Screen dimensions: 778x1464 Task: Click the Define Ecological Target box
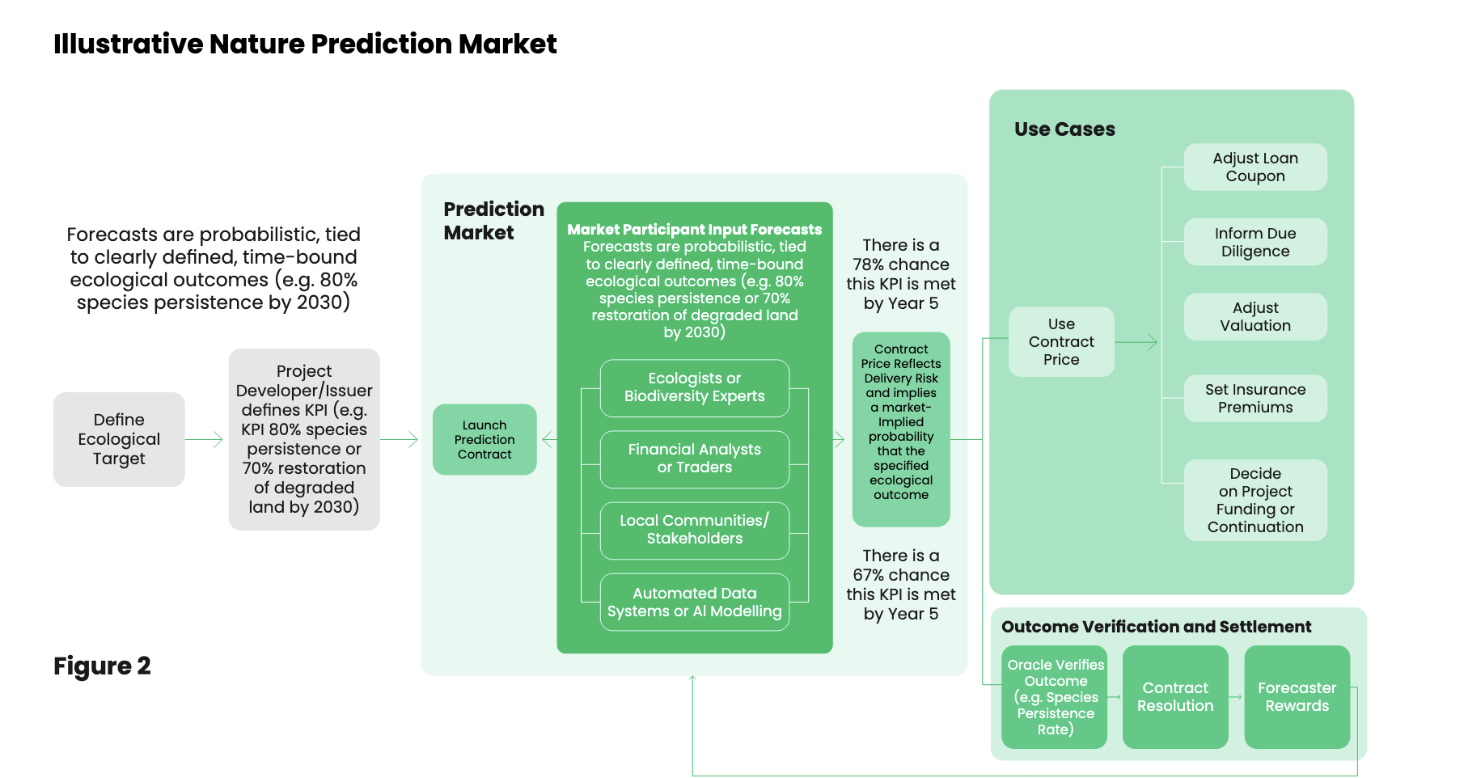click(x=119, y=439)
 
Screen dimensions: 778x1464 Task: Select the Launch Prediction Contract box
click(x=484, y=439)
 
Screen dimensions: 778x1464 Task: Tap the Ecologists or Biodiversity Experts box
click(x=694, y=387)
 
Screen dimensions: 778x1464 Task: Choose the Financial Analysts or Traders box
click(x=694, y=459)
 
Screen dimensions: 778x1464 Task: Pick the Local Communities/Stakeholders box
click(x=694, y=530)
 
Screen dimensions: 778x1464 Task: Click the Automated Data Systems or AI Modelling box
click(x=694, y=602)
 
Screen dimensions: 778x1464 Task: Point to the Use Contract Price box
click(x=1061, y=341)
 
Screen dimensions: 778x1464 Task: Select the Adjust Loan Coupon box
click(x=1255, y=167)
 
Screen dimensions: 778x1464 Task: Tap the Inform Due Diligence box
click(x=1255, y=242)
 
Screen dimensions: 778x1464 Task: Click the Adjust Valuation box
click(x=1255, y=316)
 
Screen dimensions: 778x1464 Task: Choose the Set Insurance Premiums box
click(x=1255, y=398)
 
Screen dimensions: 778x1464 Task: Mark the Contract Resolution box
click(x=1174, y=696)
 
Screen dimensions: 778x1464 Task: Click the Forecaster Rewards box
click(x=1297, y=696)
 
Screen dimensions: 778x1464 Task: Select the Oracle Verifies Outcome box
click(x=1055, y=696)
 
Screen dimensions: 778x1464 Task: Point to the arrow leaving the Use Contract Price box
click(x=1136, y=342)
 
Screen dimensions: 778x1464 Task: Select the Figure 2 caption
click(x=102, y=666)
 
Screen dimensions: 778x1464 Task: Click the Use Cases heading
click(x=1064, y=129)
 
